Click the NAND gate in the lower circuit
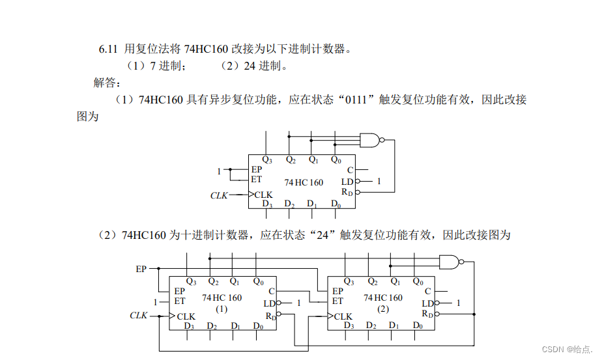(x=450, y=262)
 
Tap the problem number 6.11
(x=107, y=49)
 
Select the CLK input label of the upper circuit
(x=219, y=195)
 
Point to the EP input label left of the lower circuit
(x=141, y=268)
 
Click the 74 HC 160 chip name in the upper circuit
(x=304, y=182)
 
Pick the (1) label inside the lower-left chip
(x=222, y=309)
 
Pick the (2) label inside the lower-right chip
(x=382, y=309)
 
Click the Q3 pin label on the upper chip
(x=267, y=159)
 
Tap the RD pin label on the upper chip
(x=348, y=192)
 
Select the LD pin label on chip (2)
(x=427, y=303)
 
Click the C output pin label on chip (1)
(x=271, y=291)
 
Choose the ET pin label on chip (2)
(x=337, y=301)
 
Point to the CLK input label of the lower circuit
(x=139, y=316)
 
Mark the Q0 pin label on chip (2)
(x=417, y=282)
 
